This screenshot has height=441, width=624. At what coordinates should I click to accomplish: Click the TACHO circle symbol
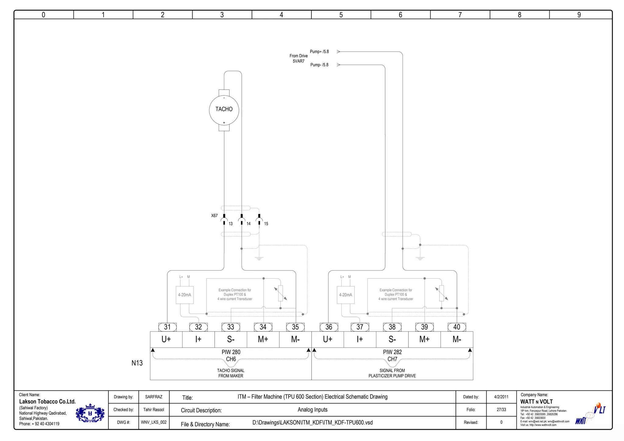click(x=224, y=110)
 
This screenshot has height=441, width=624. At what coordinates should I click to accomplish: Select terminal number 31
click(x=167, y=327)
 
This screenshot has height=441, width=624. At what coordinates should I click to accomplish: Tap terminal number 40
click(x=456, y=327)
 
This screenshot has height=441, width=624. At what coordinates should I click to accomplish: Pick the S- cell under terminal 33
click(x=231, y=339)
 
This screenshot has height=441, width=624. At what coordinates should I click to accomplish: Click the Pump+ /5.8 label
click(x=319, y=52)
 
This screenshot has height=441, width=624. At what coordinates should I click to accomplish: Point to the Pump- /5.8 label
click(x=319, y=65)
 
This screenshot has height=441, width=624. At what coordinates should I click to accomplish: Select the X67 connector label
click(x=214, y=215)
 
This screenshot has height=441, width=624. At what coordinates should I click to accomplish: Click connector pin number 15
click(x=266, y=224)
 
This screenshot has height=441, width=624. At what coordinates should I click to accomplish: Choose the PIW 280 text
click(x=231, y=352)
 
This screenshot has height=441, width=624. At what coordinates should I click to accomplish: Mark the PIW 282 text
click(x=392, y=352)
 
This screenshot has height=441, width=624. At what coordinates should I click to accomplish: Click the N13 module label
click(x=137, y=363)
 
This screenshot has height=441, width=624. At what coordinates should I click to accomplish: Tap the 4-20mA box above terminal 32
click(x=185, y=295)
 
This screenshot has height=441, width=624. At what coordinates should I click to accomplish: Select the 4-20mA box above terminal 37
click(x=346, y=295)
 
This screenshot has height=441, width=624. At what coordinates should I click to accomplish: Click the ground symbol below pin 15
click(x=259, y=258)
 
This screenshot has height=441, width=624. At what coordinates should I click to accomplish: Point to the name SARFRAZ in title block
click(x=154, y=397)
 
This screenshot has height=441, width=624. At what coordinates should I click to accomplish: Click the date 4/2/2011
click(x=501, y=397)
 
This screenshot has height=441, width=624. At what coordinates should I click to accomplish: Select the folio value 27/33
click(x=501, y=410)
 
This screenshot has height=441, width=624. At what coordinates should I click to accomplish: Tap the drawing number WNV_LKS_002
click(x=154, y=422)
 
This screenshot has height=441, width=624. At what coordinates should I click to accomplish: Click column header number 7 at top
click(x=460, y=15)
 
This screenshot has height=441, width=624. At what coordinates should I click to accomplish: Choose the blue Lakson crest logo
click(x=90, y=413)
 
